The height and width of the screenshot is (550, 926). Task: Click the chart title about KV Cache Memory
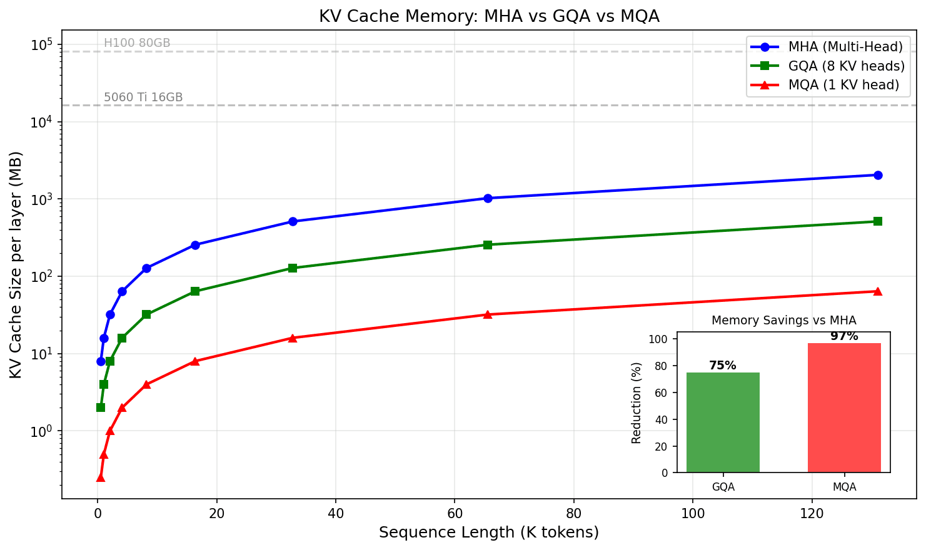[489, 16]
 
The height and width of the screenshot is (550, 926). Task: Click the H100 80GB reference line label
[137, 43]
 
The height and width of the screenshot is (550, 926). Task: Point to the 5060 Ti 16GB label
[143, 97]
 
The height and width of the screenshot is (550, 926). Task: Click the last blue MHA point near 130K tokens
[878, 175]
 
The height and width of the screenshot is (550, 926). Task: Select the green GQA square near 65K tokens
[488, 245]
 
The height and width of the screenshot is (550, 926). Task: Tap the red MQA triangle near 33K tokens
[293, 338]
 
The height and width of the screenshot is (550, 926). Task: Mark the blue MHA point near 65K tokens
[488, 198]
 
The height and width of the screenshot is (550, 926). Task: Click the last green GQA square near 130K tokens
[878, 221]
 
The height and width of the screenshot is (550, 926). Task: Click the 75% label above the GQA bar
[723, 366]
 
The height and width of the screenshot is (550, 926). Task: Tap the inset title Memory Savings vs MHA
[783, 321]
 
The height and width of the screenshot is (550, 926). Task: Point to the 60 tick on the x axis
[455, 514]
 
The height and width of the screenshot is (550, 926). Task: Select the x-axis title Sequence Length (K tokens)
[489, 532]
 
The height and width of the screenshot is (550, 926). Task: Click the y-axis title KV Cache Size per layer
[16, 264]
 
